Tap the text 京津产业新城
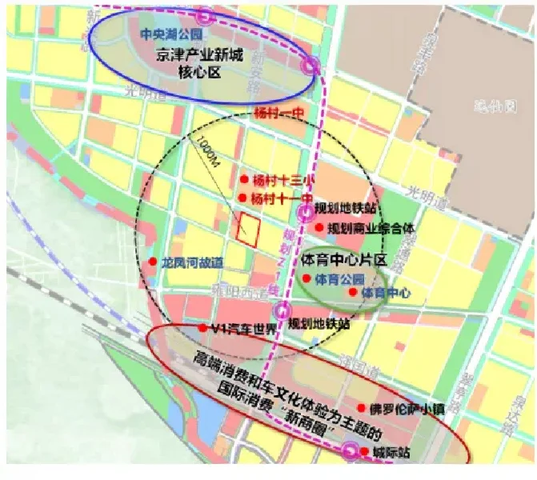[x=198, y=57]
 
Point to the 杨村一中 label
[x=276, y=113]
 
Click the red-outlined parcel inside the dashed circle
[x=249, y=230]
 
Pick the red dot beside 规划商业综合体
[x=319, y=228]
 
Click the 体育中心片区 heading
[x=345, y=261]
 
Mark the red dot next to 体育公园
[x=306, y=279]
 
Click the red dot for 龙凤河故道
[x=152, y=262]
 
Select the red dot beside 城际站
[x=365, y=452]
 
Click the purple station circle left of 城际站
[x=350, y=452]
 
